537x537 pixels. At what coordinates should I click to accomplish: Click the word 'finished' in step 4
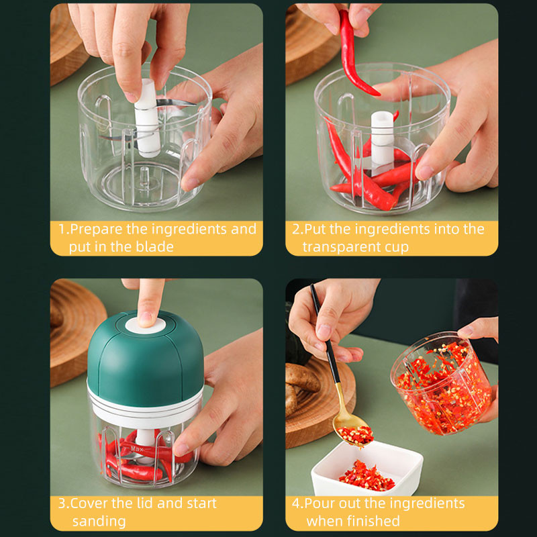tap(373, 521)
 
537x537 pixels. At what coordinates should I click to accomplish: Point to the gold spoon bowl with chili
tap(354, 433)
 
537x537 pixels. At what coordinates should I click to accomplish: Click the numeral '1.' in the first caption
tap(63, 230)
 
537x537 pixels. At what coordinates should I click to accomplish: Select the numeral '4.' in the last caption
tap(298, 503)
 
